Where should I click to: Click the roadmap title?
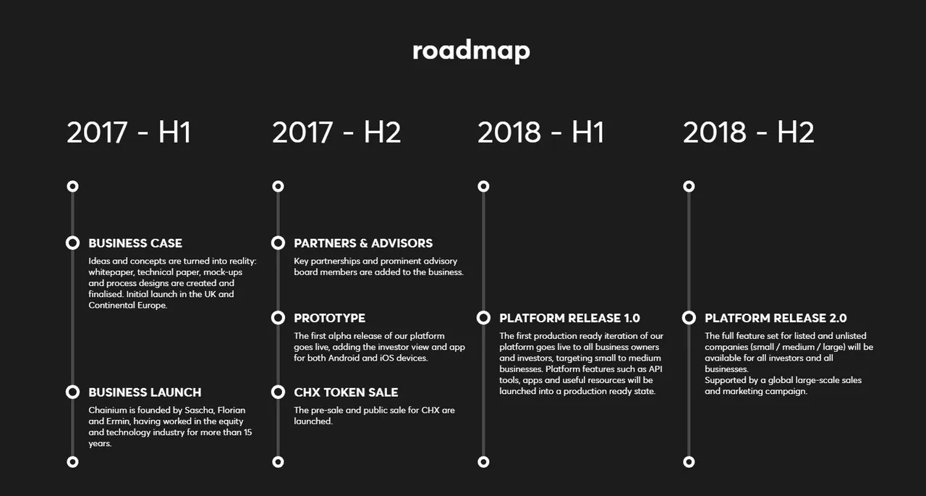click(x=471, y=51)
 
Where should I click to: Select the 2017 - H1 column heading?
click(x=129, y=133)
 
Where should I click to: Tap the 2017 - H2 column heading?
click(x=336, y=133)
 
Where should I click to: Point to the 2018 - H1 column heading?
click(x=540, y=133)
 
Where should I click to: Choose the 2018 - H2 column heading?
click(x=749, y=133)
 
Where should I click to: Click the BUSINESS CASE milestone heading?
click(x=135, y=243)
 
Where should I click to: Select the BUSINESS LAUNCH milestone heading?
click(x=145, y=392)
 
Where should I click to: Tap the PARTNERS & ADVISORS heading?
click(x=363, y=243)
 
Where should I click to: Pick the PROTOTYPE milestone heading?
click(x=329, y=318)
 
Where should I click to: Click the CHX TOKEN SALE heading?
click(x=346, y=392)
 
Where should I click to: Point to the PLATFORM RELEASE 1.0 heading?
click(x=569, y=318)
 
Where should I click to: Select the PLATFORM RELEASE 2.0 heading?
click(x=776, y=318)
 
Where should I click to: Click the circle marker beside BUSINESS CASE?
click(x=73, y=238)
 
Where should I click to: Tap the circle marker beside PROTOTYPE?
click(x=279, y=312)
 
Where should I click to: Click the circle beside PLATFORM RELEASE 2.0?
click(x=689, y=312)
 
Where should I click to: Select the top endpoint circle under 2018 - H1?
click(x=483, y=182)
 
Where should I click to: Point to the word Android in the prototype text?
click(x=344, y=358)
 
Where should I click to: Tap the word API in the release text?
click(x=655, y=369)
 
